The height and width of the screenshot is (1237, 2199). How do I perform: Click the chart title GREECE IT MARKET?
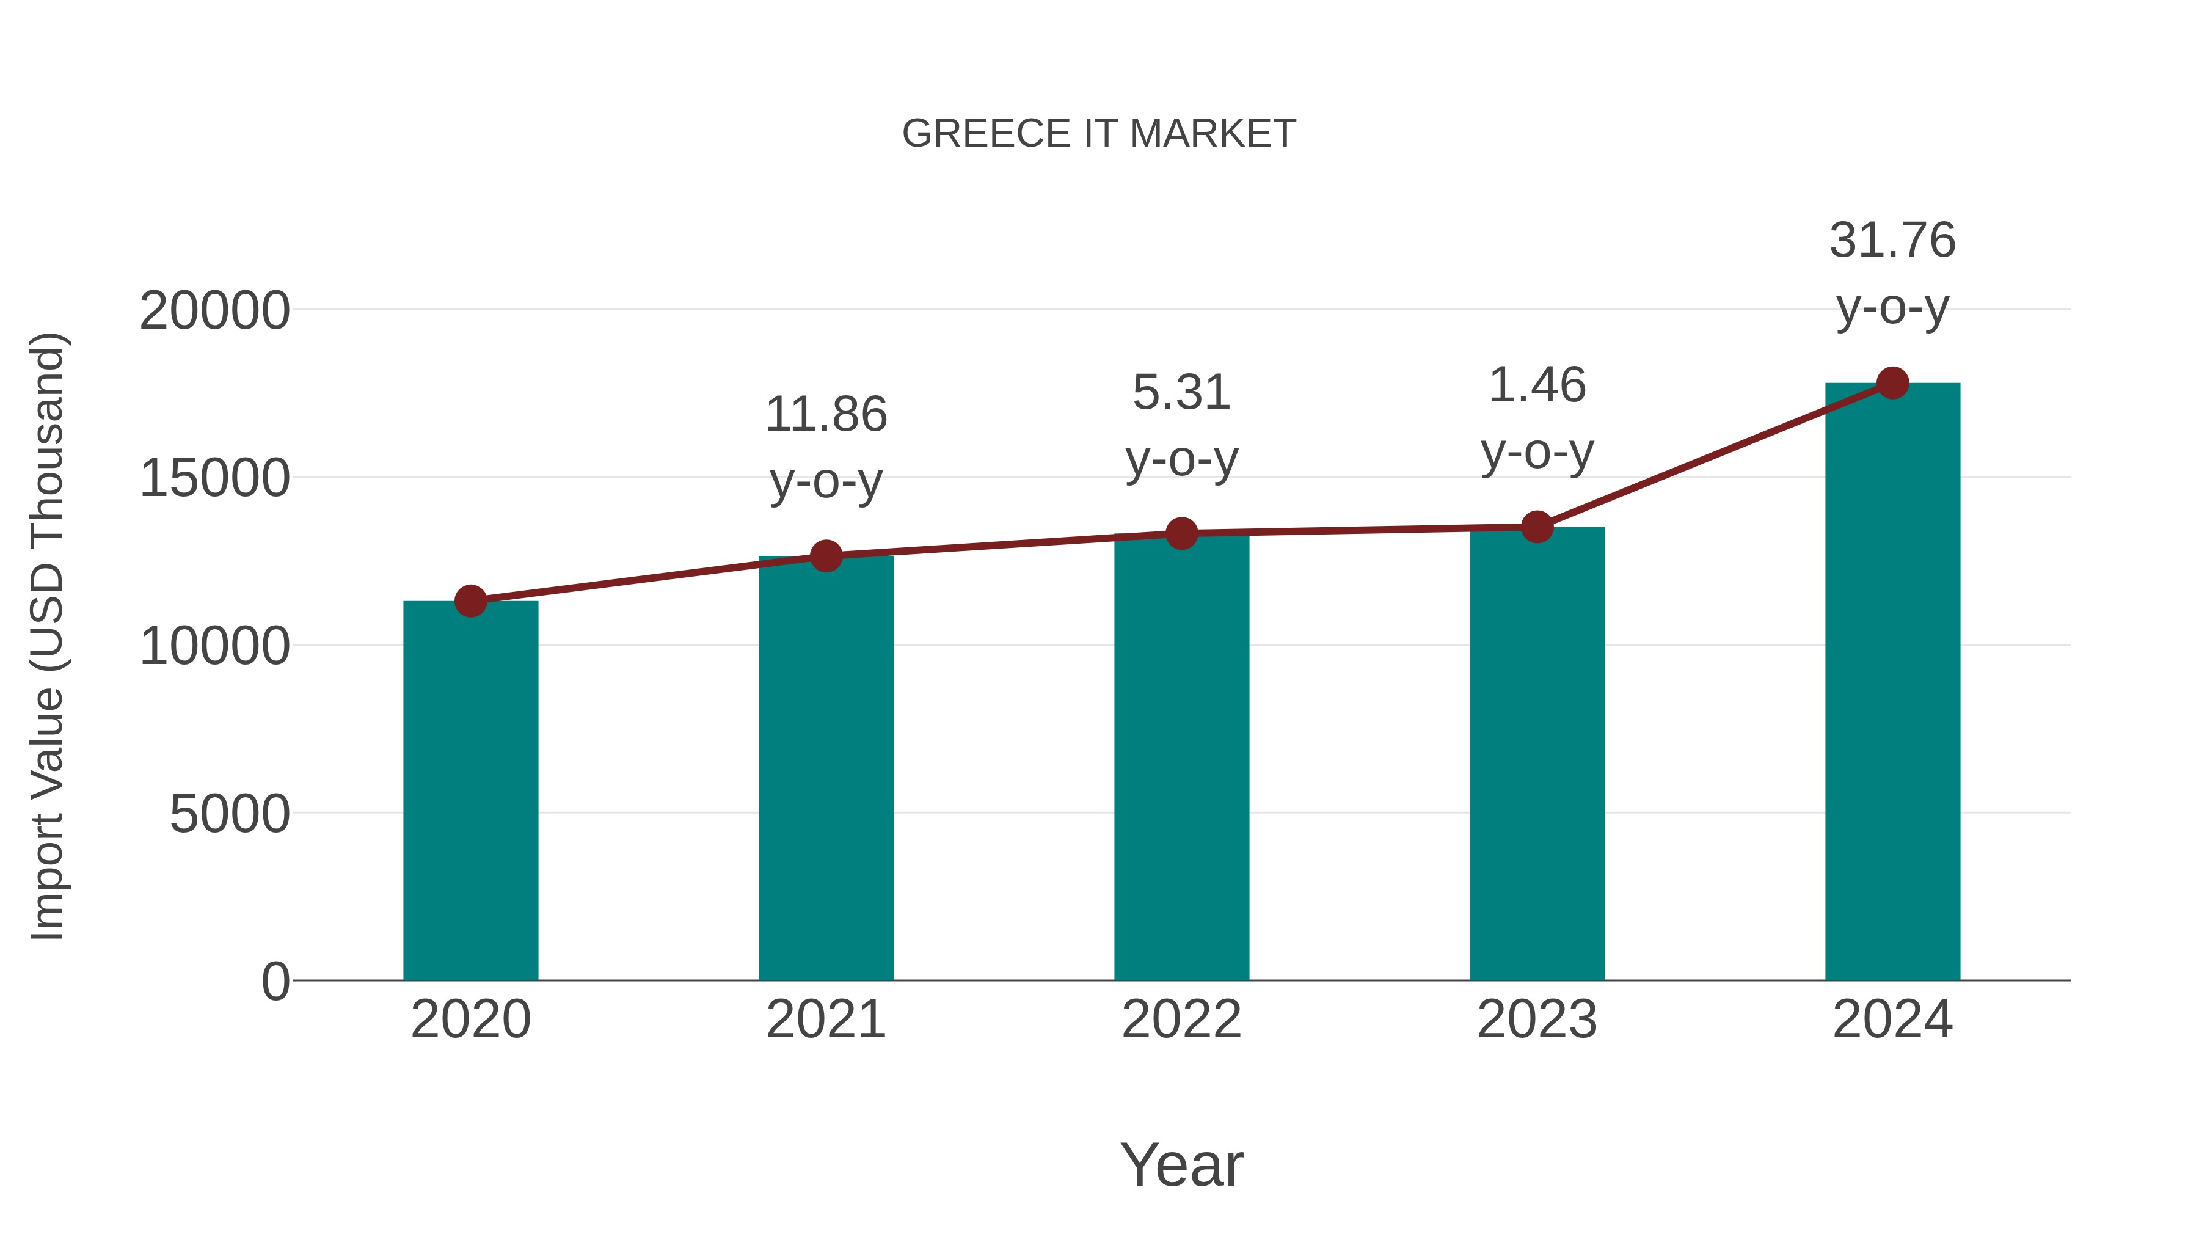coord(1099,134)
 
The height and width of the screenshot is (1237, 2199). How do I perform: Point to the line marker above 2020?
coord(470,601)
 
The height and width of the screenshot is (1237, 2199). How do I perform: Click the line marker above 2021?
coord(825,556)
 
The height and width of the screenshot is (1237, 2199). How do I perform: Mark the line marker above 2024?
coord(1892,382)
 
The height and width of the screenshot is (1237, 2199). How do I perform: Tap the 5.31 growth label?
coord(1181,393)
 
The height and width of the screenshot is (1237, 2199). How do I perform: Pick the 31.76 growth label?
coord(1892,240)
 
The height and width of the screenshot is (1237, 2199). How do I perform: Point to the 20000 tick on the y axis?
coord(214,311)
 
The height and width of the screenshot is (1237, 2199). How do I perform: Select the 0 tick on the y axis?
coord(275,981)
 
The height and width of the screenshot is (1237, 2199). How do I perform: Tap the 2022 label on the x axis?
coord(1181,1020)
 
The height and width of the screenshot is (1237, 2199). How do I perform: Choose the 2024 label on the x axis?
coord(1892,1020)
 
